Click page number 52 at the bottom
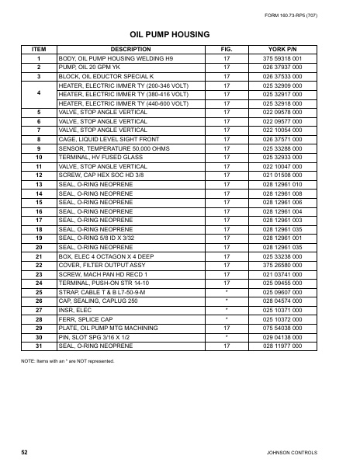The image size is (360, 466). [x=25, y=450]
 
